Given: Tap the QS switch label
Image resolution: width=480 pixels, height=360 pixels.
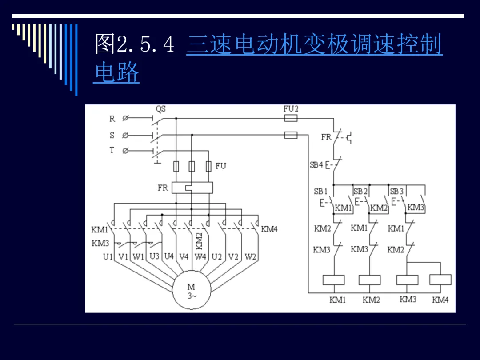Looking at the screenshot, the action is (161, 109).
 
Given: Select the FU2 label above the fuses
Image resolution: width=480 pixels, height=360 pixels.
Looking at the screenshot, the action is (291, 109).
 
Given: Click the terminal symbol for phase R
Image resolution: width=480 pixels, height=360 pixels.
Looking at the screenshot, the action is (125, 118).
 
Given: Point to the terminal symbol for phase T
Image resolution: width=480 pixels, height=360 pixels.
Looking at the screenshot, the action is (125, 151).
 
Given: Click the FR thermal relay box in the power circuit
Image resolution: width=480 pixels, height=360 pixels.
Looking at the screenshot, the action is (192, 188).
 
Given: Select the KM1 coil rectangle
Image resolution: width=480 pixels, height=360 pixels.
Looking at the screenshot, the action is (334, 280).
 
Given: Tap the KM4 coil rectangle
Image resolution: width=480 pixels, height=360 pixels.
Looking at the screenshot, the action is (440, 280).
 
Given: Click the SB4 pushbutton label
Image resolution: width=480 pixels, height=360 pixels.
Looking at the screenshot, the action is (316, 165).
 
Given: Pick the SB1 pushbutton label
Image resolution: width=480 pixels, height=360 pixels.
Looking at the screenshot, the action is (321, 191).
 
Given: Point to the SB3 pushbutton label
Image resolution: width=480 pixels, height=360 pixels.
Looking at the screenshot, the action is (397, 191).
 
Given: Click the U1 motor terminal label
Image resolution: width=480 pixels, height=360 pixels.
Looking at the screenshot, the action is (108, 257).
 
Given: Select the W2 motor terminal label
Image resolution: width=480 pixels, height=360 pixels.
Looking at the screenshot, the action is (250, 257).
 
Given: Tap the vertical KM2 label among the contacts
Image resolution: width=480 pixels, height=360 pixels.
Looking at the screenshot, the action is (199, 241).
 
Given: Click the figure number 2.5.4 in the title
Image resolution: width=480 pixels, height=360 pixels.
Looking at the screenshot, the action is (145, 44).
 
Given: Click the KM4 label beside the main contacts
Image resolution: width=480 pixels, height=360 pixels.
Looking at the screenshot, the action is (269, 229).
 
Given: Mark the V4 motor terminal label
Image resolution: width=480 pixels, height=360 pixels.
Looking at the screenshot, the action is (184, 256).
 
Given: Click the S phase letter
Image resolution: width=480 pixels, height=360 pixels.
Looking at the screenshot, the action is (112, 135).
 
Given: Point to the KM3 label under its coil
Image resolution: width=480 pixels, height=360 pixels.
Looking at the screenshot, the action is (408, 299).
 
